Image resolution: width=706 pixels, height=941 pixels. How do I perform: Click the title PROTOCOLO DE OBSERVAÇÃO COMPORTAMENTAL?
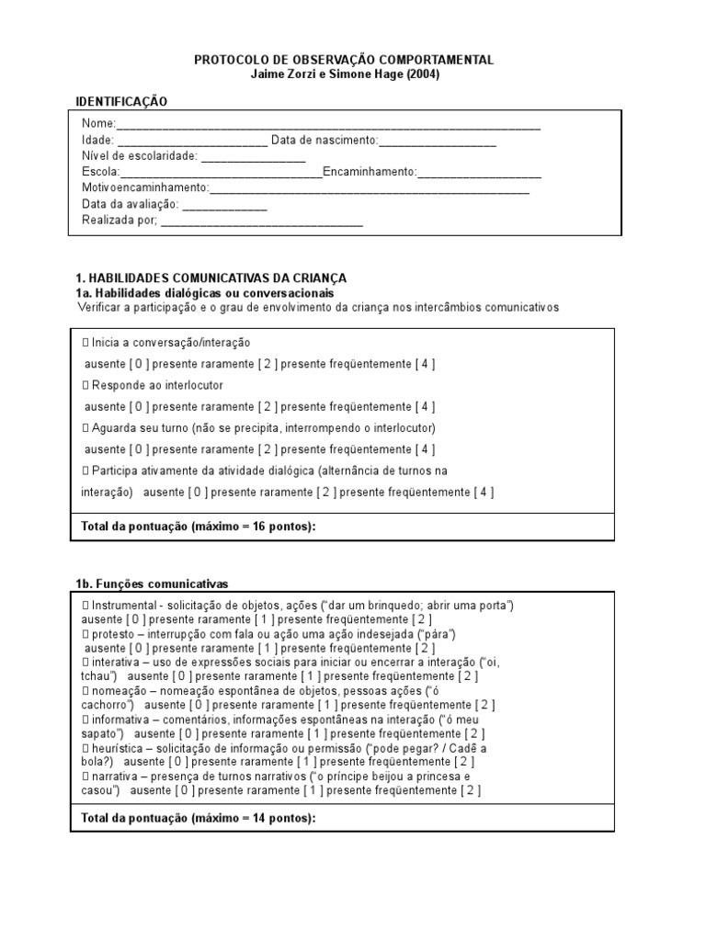[344, 60]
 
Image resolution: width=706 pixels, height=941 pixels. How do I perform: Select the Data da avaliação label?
[130, 204]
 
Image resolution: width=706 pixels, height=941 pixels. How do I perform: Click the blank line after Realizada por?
[262, 221]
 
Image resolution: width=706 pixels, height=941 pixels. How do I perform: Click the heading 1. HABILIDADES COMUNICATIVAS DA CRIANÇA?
[211, 278]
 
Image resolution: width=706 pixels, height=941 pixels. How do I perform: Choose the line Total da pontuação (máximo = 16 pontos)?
[199, 526]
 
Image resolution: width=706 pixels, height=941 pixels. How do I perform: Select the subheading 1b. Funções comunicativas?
[152, 584]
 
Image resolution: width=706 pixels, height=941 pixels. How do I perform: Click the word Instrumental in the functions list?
[125, 606]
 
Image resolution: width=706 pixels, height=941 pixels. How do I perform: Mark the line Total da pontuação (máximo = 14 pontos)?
[199, 817]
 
